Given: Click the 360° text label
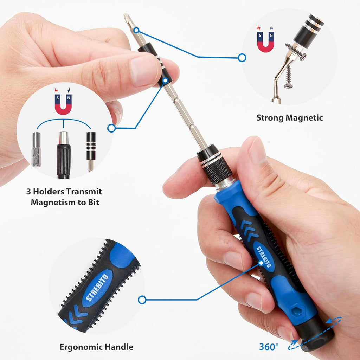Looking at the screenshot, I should coord(269,346).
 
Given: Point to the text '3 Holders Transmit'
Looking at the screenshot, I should coord(64,192).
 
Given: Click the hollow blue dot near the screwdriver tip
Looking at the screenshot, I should coord(136,31).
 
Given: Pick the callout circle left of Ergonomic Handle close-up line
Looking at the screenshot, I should coord(142,300).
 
